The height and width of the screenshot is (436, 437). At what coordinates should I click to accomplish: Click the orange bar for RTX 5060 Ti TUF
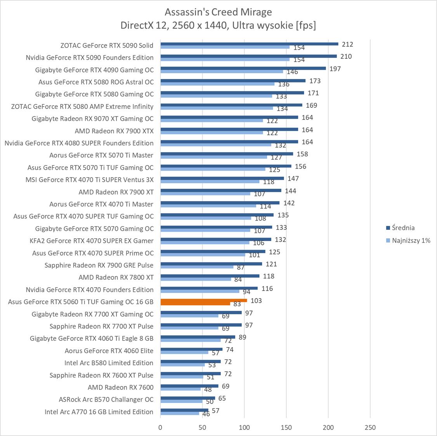(203, 300)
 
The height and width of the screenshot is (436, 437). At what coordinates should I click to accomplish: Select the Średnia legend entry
(403, 228)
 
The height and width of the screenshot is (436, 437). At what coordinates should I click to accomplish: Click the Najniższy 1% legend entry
(411, 240)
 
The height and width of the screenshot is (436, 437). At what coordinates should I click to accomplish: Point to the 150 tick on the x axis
(286, 427)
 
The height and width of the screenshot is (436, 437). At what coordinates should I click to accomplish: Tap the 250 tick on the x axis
(370, 427)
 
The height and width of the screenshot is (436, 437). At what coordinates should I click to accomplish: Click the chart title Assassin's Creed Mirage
(218, 12)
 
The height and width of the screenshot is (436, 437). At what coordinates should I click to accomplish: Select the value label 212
(348, 44)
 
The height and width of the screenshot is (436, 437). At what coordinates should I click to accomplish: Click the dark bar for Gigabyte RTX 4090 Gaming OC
(243, 68)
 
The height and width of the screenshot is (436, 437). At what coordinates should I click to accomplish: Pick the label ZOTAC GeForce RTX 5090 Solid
(107, 45)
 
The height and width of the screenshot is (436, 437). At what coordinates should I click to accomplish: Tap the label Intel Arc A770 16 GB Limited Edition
(99, 412)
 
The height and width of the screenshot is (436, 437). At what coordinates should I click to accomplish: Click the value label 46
(206, 414)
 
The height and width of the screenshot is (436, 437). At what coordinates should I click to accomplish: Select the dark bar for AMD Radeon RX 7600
(189, 386)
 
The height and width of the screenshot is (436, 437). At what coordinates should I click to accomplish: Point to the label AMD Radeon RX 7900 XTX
(114, 131)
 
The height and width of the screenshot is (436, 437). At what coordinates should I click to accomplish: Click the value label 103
(256, 300)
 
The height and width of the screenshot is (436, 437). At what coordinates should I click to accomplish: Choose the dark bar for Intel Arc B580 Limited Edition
(190, 362)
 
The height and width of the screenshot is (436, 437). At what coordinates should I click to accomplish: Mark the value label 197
(335, 69)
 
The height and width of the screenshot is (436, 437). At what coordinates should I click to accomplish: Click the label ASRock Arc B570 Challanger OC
(106, 399)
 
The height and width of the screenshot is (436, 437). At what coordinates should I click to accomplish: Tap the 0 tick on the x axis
(160, 427)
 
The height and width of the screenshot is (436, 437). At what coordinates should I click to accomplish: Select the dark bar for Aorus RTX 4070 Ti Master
(220, 203)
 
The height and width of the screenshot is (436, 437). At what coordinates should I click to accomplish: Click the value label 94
(246, 292)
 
